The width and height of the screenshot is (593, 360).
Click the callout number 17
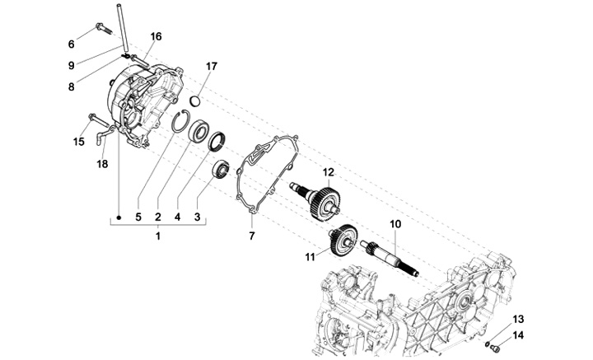[212, 66]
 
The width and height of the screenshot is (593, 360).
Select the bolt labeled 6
[104, 28]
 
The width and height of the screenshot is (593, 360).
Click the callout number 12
[329, 172]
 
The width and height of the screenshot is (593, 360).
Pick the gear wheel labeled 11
[343, 240]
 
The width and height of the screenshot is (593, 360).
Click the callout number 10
[395, 224]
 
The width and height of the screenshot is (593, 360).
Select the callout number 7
[252, 236]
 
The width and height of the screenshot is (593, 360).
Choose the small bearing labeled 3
[221, 169]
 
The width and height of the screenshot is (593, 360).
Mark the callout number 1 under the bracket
[158, 236]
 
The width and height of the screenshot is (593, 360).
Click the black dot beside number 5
[119, 217]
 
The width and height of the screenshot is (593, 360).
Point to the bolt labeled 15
[98, 120]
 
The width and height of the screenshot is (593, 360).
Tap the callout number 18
[102, 164]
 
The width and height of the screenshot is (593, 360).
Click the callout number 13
[519, 319]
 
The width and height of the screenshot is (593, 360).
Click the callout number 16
[156, 36]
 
